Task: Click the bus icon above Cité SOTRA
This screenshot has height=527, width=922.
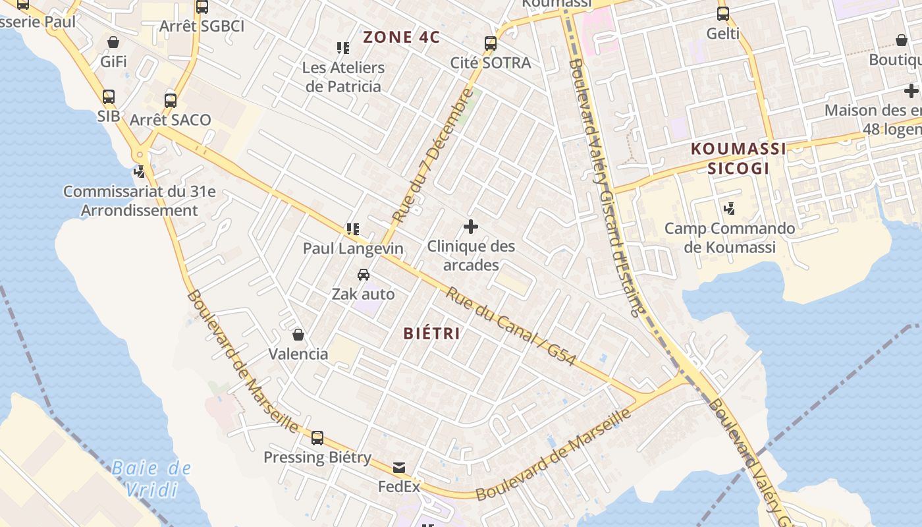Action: coord(491,43)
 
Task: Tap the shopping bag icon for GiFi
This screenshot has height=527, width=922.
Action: coord(113,42)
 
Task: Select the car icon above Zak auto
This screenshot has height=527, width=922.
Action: coord(363,275)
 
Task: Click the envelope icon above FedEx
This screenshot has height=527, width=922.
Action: coord(399,468)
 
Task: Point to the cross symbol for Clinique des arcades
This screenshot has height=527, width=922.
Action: coord(470,227)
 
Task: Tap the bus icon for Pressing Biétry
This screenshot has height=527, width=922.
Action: coord(317,438)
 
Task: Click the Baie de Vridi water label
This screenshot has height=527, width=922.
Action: coord(151,479)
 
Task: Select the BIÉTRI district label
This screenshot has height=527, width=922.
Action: coord(432,333)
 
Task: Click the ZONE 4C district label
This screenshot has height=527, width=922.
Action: coord(401,37)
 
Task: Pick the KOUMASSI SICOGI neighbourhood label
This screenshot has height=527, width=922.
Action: coord(738,158)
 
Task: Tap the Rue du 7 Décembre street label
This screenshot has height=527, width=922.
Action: coord(433,155)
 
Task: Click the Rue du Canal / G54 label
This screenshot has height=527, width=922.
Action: coord(511,327)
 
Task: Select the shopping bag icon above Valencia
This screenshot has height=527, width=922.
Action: coord(298,335)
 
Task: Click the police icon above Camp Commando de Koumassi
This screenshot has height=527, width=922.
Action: coord(729,209)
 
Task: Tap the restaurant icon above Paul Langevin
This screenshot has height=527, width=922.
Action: coord(353,229)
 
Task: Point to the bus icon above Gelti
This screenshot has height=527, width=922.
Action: coord(723,13)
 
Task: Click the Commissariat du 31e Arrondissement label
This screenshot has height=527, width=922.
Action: coord(139,201)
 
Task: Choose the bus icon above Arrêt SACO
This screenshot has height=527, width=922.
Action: coord(171,101)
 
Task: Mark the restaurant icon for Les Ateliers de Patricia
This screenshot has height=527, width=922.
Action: coord(343,48)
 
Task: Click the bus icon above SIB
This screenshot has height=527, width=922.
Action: coord(109,97)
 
